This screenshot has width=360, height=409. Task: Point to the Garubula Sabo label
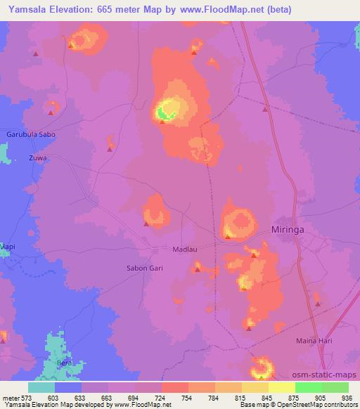pyautogui.click(x=30, y=134)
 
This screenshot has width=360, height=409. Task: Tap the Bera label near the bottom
pyautogui.click(x=65, y=363)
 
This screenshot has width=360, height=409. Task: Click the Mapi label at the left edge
pyautogui.click(x=7, y=247)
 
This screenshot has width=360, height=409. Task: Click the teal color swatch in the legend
pyautogui.click(x=41, y=387)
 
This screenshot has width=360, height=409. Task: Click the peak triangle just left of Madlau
pyautogui.click(x=146, y=225)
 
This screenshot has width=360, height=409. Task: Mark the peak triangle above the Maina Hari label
pyautogui.click(x=317, y=304)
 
